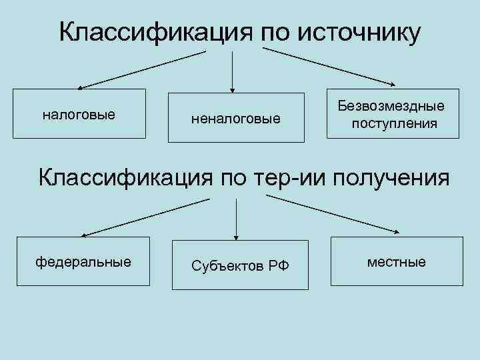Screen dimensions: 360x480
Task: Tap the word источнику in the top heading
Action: tap(359, 31)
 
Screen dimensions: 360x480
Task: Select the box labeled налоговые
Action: tap(79, 114)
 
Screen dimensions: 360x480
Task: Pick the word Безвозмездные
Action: tap(391, 107)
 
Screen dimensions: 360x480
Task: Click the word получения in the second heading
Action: tap(393, 178)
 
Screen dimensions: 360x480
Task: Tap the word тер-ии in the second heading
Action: tap(293, 178)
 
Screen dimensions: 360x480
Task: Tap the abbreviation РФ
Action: tap(279, 266)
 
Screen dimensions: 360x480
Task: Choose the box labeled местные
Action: tap(396, 262)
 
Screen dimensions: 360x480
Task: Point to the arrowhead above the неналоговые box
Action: tap(232, 89)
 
